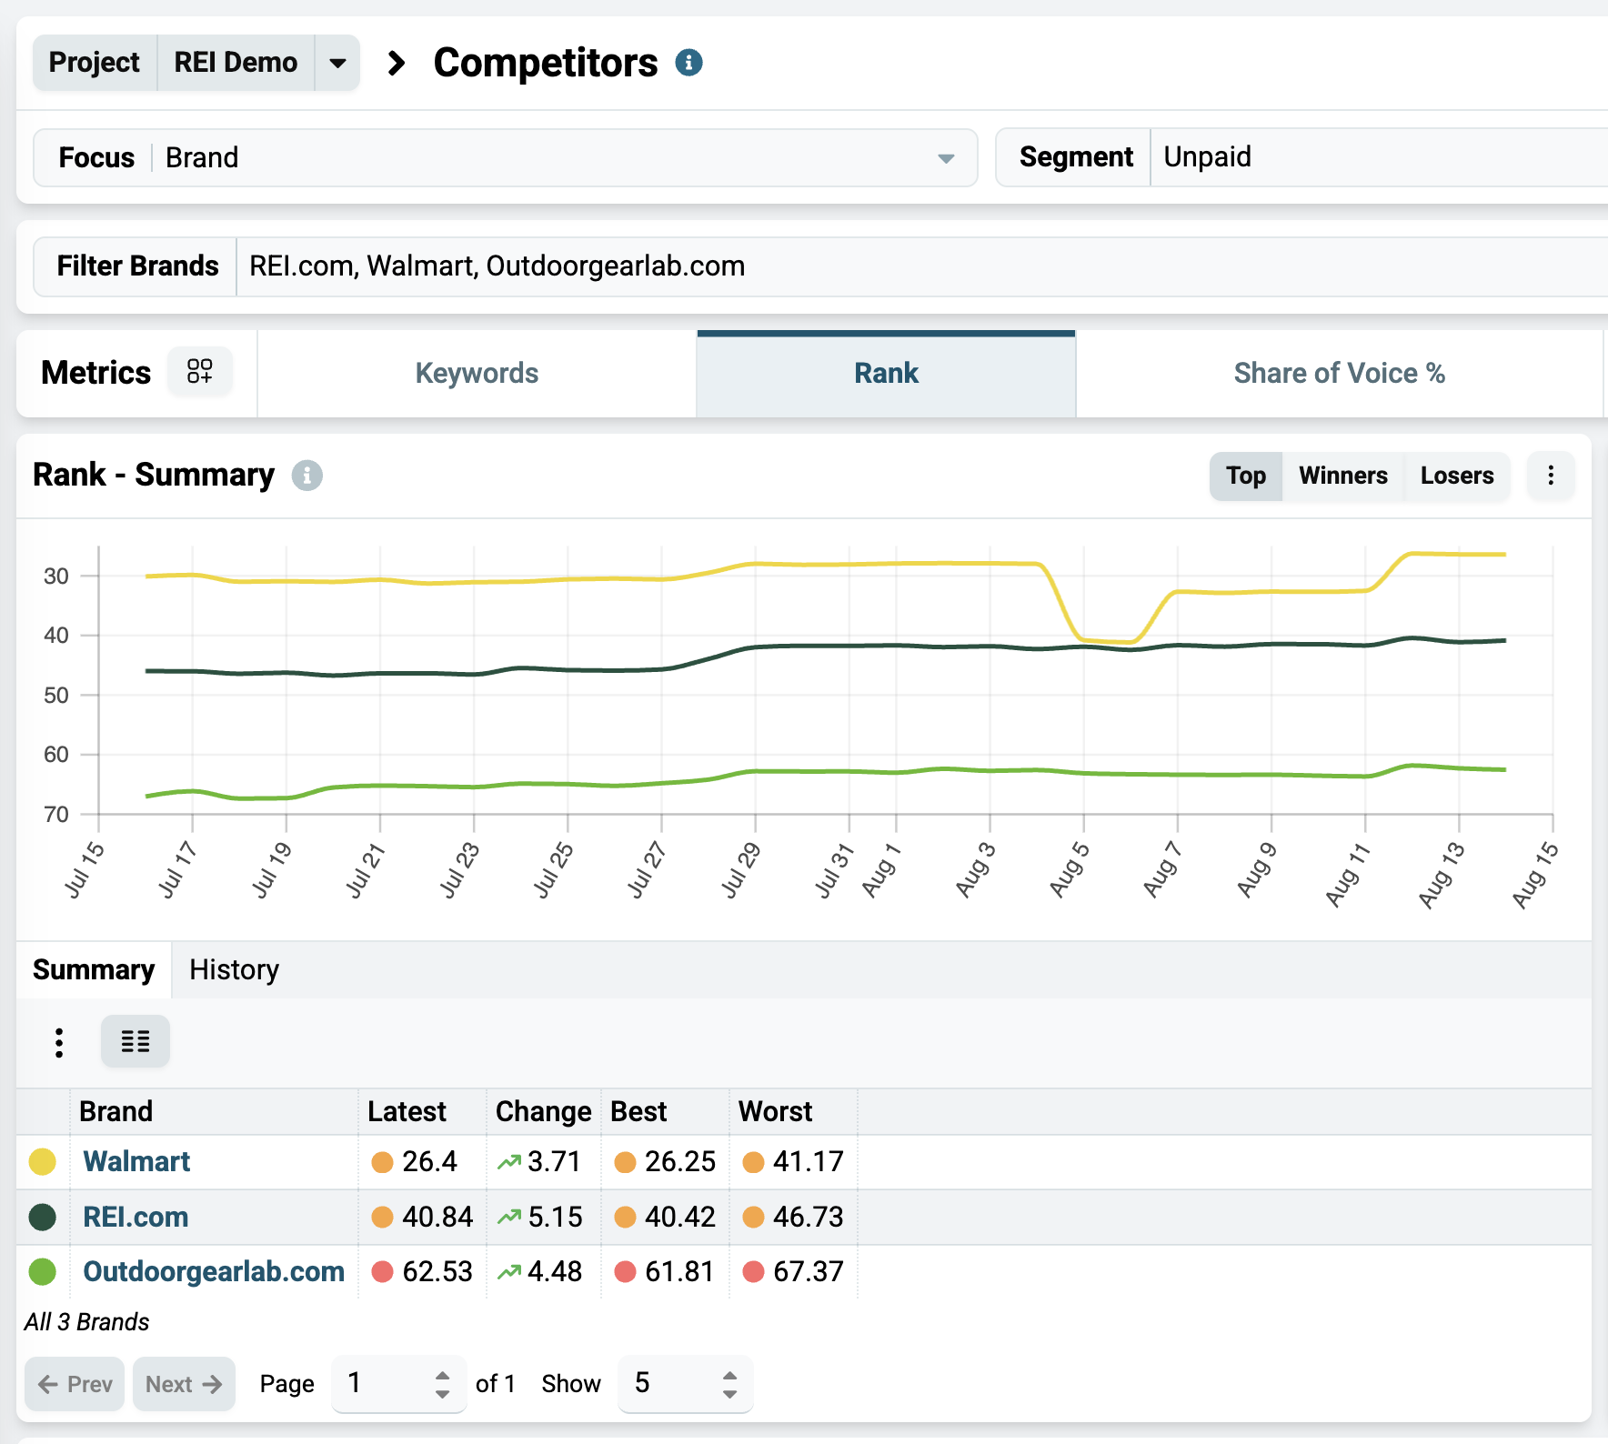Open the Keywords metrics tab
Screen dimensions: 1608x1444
pos(477,373)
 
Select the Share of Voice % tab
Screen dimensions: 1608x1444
pos(1339,373)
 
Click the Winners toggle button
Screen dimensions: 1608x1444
pos(1342,476)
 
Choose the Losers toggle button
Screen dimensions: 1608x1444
pos(1457,476)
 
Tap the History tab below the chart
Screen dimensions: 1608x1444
pos(234,969)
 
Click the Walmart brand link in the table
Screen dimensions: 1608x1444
pos(136,1161)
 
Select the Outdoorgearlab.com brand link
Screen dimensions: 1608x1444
pos(214,1271)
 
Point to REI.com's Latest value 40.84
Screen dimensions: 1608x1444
pos(437,1217)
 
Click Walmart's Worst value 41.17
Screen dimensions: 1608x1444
pos(809,1161)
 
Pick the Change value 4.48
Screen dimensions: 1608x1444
pos(555,1271)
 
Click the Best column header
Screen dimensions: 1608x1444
pos(638,1111)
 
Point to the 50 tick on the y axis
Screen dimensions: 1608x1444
pos(56,695)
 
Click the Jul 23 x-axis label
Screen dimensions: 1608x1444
pos(459,870)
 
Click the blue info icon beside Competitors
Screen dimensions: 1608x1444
pos(689,63)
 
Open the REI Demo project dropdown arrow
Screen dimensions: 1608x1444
pos(337,63)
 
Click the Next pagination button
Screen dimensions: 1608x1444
pos(184,1384)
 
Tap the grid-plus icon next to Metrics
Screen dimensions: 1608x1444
pos(200,371)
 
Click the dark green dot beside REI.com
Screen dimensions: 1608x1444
pos(43,1217)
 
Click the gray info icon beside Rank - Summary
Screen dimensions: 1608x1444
pos(307,476)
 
